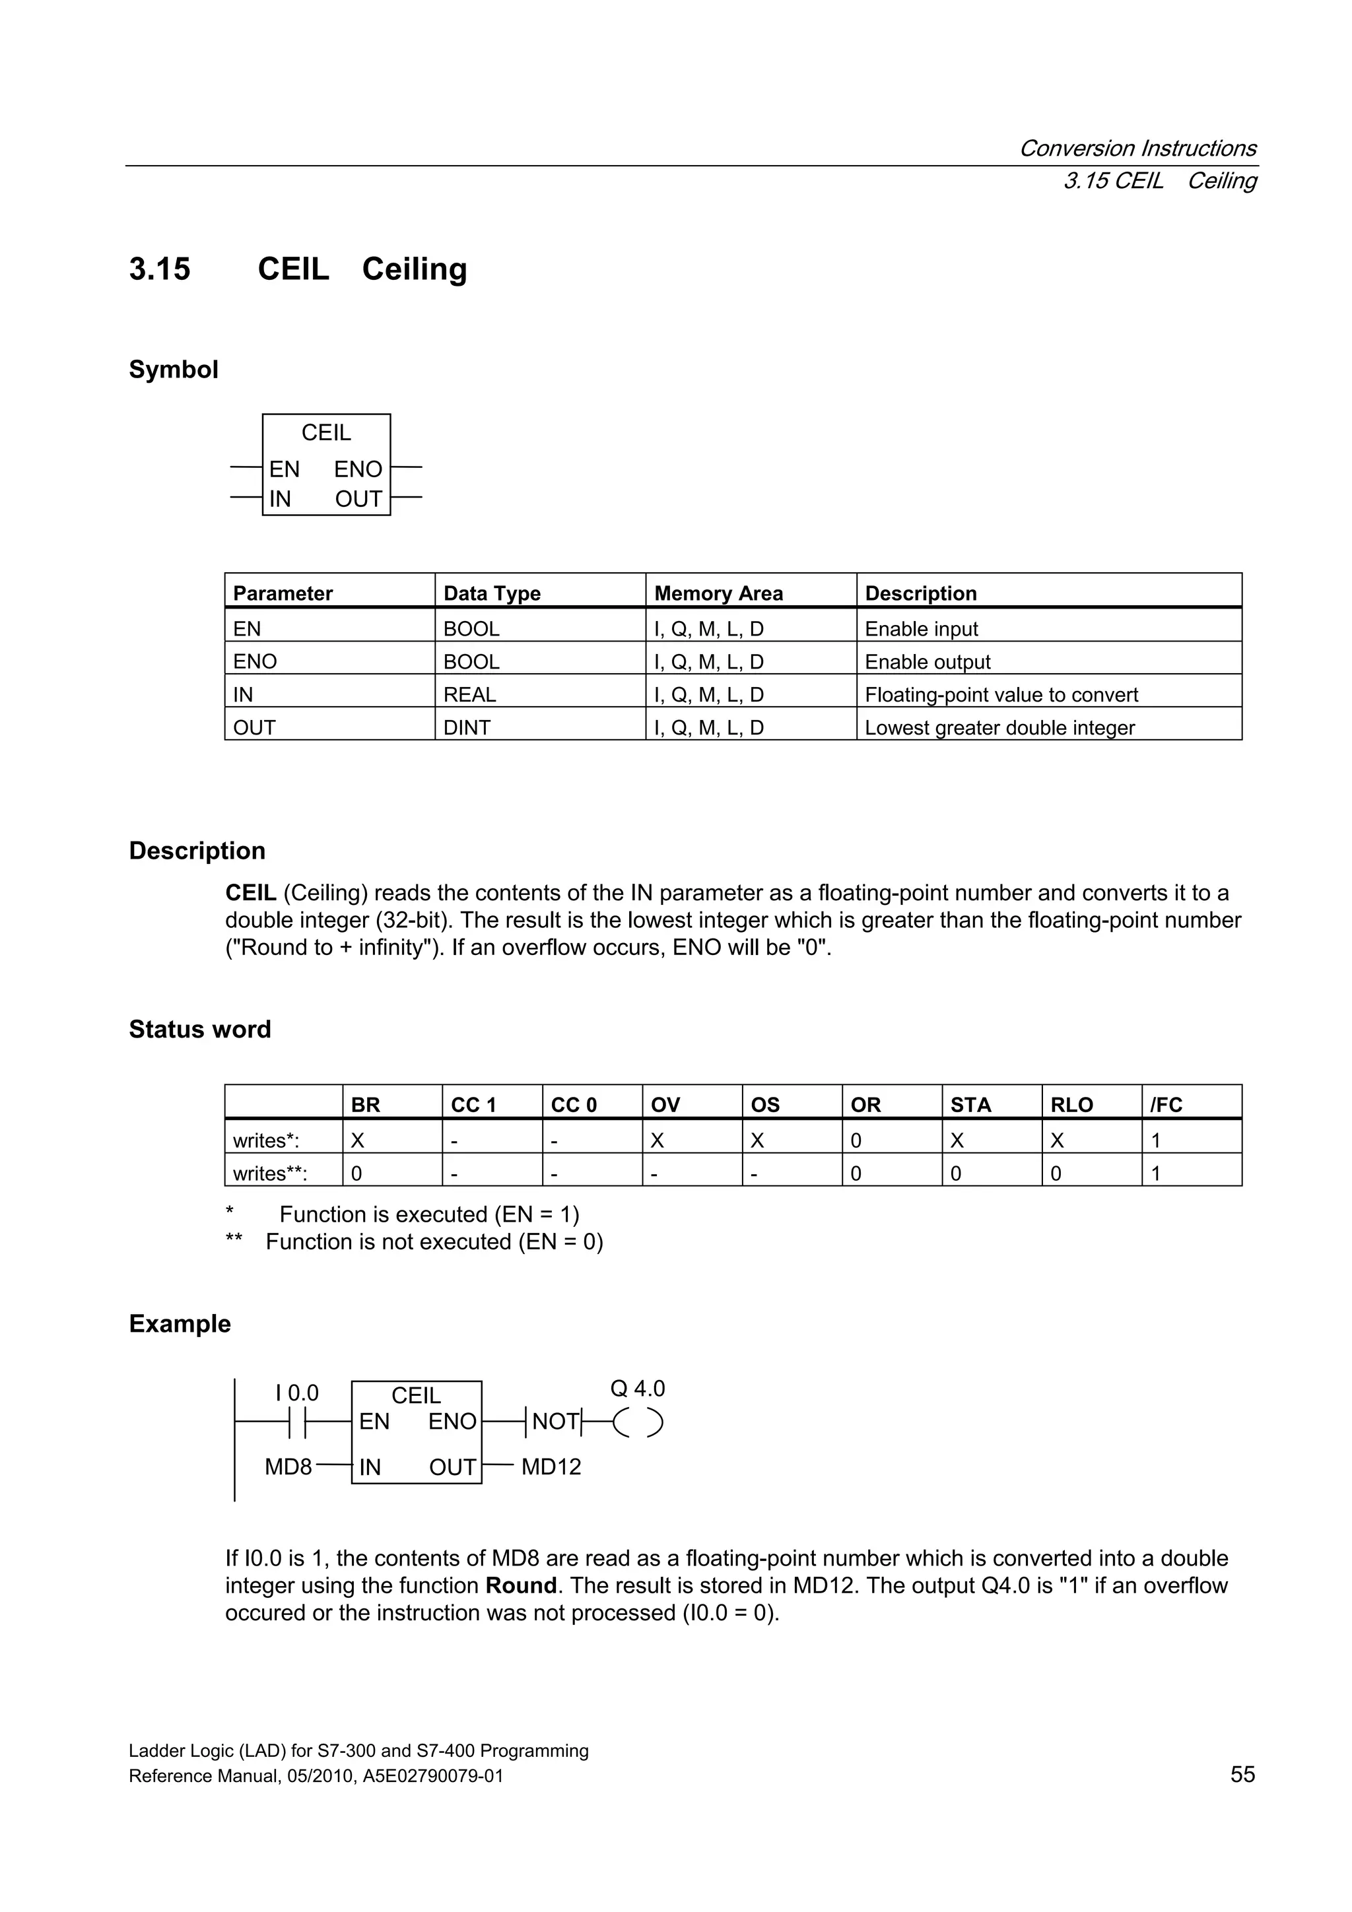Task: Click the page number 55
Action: [1241, 1774]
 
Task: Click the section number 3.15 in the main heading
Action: [160, 269]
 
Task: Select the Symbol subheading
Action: [173, 369]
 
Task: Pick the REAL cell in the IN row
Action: [470, 694]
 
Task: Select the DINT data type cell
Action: [467, 727]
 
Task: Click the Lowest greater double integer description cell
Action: [999, 727]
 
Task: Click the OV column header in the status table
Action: [665, 1104]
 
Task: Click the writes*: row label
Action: [266, 1139]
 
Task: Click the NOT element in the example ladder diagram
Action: [555, 1422]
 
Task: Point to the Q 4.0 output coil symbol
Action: [638, 1422]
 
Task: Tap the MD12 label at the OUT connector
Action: [551, 1467]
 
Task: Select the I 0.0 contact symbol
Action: [297, 1422]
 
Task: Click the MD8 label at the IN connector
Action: [288, 1467]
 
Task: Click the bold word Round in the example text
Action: [521, 1585]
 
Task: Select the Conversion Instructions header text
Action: [1137, 148]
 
